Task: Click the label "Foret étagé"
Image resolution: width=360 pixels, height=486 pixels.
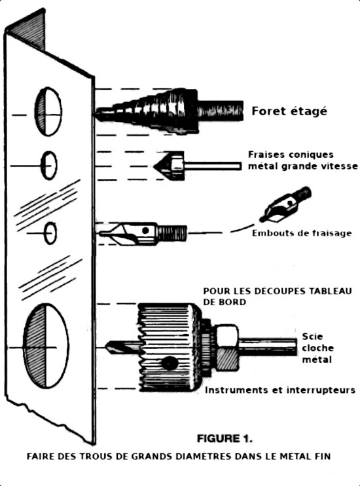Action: click(x=289, y=111)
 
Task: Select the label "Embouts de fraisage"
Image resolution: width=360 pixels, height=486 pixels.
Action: click(x=302, y=233)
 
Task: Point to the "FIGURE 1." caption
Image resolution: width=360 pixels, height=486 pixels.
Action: click(x=225, y=438)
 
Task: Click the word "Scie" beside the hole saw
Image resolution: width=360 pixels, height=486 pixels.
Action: click(x=312, y=336)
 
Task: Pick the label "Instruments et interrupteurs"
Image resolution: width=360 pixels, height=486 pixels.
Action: click(x=280, y=390)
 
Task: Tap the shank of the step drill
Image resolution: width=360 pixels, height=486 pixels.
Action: click(x=220, y=111)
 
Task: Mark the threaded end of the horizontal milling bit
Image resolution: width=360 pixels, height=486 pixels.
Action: click(x=172, y=233)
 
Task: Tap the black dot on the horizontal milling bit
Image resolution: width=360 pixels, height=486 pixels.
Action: click(x=145, y=231)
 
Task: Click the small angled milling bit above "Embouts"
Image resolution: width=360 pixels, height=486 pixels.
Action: click(x=285, y=204)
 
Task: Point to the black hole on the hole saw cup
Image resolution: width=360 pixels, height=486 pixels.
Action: click(x=170, y=363)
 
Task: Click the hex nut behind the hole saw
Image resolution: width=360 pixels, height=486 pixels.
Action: click(x=227, y=347)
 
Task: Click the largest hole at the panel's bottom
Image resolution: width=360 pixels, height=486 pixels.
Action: click(x=46, y=346)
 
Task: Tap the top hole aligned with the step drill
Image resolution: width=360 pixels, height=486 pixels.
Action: click(x=48, y=112)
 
